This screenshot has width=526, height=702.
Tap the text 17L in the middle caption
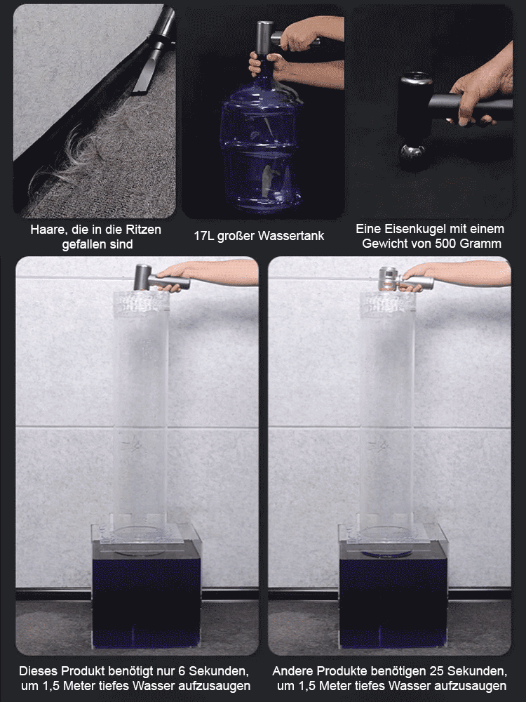pos(204,236)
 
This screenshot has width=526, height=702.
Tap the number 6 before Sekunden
pos(182,671)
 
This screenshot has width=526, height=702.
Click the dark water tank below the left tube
pos(147,593)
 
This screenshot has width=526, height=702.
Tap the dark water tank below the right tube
pos(393,593)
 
